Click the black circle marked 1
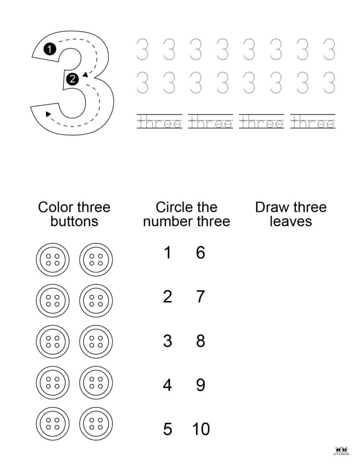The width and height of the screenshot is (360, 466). tap(50, 48)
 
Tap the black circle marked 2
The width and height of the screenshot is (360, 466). tap(72, 79)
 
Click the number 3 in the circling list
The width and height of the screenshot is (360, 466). tap(167, 341)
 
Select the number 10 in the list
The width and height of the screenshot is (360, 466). tap(201, 429)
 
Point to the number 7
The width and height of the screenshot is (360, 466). tap(201, 297)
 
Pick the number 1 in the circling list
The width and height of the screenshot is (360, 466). tap(167, 253)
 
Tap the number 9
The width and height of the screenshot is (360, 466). tap(201, 385)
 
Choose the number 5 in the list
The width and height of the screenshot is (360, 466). tap(167, 429)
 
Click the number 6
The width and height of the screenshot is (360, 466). tap(201, 253)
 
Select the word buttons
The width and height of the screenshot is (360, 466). tap(74, 221)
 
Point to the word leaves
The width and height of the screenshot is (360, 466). tap(291, 221)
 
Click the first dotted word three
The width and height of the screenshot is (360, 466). tap(160, 123)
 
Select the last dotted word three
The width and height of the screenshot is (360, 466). tap(313, 123)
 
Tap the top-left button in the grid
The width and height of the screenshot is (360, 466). tap(52, 259)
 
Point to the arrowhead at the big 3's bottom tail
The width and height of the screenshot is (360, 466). tap(48, 114)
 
